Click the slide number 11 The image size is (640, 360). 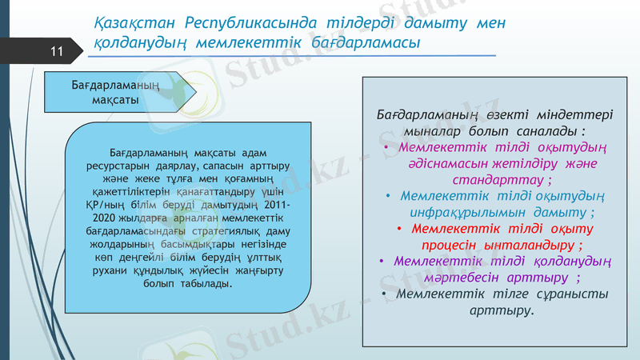56,52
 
